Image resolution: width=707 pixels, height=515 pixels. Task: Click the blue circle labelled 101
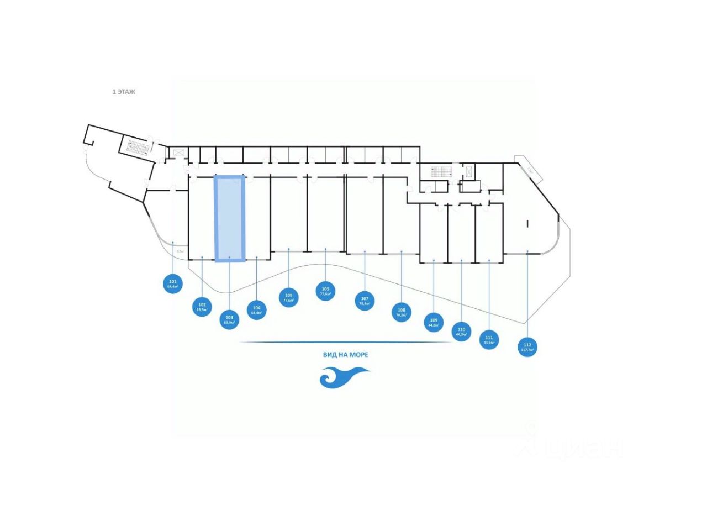[x=173, y=285]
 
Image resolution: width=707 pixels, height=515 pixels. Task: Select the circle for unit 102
[x=202, y=307]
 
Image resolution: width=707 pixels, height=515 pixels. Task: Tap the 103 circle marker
[x=229, y=320]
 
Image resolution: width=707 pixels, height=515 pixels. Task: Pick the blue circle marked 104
[x=257, y=310]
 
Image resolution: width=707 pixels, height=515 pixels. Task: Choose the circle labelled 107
[x=364, y=301]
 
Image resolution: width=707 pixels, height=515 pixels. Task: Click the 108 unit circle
[x=402, y=312]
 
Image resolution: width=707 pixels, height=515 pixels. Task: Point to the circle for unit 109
[x=434, y=322]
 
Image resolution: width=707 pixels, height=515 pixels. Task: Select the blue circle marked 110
[x=461, y=332]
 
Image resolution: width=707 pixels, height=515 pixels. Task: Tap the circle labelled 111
[x=489, y=339]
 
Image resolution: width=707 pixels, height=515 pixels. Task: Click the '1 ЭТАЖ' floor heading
[x=124, y=92]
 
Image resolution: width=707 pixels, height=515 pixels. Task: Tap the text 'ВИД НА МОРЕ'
[x=346, y=355]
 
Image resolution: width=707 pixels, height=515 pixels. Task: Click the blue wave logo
[x=344, y=378]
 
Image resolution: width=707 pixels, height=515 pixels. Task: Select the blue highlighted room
[x=229, y=218]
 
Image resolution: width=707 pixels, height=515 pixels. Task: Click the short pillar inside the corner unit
[x=527, y=224]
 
